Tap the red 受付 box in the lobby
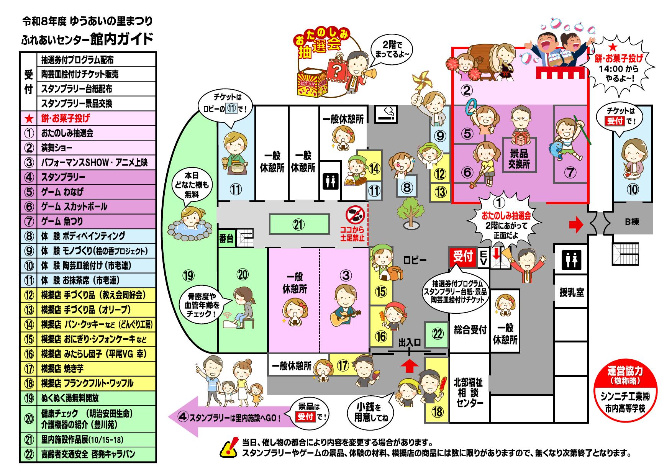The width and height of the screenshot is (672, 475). [462, 257]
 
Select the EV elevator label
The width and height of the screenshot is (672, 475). [483, 257]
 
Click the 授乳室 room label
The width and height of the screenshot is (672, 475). [571, 293]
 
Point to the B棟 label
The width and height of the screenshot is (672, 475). [632, 222]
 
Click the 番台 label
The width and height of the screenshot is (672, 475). [226, 239]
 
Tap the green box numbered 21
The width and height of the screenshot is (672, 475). [299, 224]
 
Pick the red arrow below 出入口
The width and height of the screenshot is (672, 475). [410, 366]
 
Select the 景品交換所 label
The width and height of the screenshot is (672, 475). [519, 159]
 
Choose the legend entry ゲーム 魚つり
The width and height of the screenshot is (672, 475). [62, 221]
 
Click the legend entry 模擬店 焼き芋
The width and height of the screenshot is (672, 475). [62, 369]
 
